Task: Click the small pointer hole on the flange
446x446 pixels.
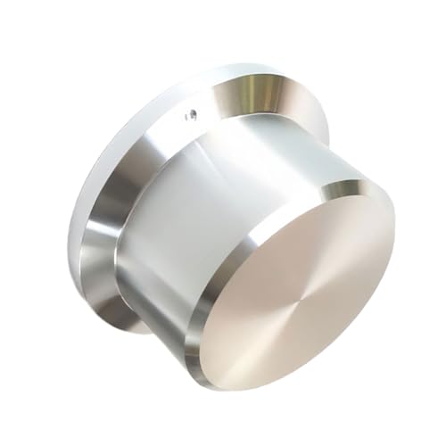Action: (190, 113)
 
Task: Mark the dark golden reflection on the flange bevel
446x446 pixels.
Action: (259, 89)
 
